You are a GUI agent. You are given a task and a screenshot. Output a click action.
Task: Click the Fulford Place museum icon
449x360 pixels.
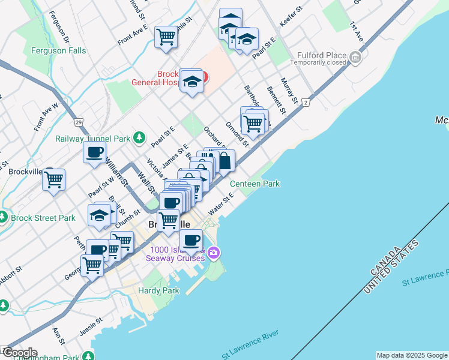coord(357,58)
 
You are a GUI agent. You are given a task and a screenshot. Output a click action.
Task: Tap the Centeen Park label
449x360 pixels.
coord(255,184)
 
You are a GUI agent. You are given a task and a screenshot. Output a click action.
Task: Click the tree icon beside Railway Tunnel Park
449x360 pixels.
coord(139,138)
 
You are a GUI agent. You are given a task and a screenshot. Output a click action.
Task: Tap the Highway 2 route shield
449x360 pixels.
coord(306,103)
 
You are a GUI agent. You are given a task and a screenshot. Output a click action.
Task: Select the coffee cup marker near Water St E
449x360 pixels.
coord(191,241)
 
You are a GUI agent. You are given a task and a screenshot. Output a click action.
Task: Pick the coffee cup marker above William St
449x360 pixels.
coord(95,152)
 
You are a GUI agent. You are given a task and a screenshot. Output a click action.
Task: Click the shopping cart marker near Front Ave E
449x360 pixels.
coord(166,36)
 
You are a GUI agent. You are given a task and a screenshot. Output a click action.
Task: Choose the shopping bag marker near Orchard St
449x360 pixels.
coord(224,161)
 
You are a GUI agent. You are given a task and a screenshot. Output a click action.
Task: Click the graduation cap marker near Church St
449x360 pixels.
coord(99,215)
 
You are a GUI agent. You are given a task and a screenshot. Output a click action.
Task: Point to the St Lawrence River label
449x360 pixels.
coord(251,345)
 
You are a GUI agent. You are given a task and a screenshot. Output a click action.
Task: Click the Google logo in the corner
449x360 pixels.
coord(19,353)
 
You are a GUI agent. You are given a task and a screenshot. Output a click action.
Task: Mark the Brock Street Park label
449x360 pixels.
coord(43,218)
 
